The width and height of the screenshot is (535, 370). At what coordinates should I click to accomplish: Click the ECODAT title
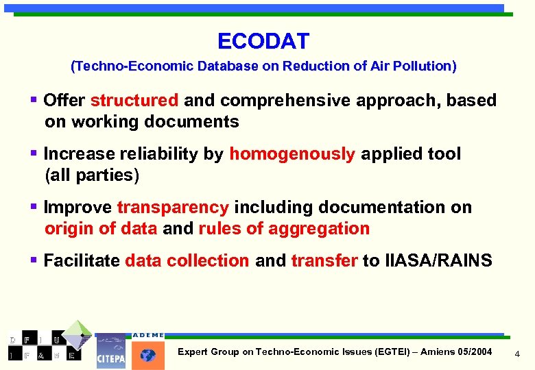tap(263, 41)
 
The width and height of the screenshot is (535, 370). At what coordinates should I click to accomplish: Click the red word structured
tap(134, 101)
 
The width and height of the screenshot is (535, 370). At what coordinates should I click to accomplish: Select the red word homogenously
tap(292, 154)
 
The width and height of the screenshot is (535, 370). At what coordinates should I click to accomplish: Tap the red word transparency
tap(173, 208)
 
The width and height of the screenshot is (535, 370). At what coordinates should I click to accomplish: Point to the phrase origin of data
tap(101, 229)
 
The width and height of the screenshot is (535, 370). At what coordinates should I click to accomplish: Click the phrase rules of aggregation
tap(284, 229)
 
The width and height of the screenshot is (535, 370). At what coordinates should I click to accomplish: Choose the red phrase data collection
tap(187, 261)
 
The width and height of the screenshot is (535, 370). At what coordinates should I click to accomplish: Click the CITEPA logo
tap(110, 353)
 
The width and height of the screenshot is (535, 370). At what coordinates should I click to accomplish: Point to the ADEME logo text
tap(148, 335)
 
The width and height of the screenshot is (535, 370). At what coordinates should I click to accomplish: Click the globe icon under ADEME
tap(148, 355)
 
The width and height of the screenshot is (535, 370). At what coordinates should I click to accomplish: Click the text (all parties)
tap(92, 175)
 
